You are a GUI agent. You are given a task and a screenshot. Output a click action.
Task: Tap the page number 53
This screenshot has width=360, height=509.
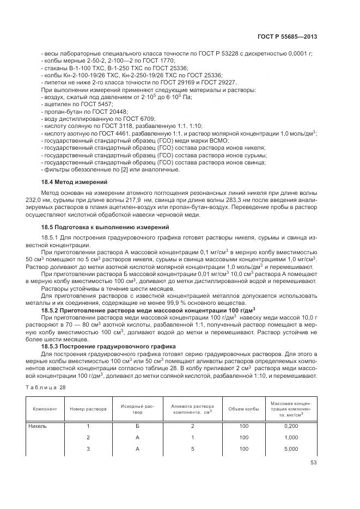(313, 463)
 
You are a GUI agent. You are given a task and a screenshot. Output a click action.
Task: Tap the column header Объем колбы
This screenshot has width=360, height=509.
(243, 409)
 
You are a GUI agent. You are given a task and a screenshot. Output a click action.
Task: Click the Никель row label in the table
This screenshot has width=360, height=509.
(38, 426)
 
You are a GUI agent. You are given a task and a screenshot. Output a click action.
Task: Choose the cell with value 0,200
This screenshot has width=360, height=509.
(291, 426)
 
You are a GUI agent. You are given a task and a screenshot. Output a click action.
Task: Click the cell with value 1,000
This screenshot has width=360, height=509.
(291, 438)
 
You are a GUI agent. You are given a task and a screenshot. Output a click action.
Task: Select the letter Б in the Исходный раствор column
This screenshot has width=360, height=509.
(138, 426)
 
